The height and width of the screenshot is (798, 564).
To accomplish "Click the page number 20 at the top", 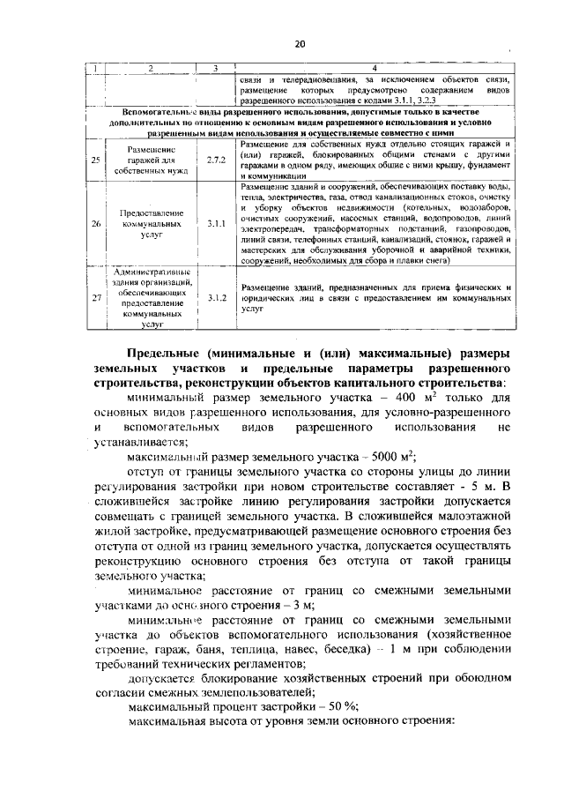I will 299,44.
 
